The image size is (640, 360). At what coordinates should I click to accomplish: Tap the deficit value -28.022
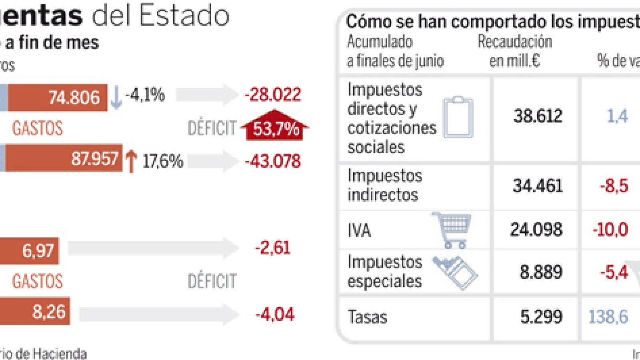click(x=272, y=95)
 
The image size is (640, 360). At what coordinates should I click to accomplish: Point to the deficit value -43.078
click(x=272, y=161)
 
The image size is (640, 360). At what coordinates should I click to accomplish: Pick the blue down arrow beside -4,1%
click(x=116, y=97)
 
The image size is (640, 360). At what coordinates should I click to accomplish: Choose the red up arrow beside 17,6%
click(x=131, y=161)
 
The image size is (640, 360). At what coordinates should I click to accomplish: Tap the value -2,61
click(x=272, y=248)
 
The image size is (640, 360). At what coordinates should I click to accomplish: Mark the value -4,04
click(x=275, y=314)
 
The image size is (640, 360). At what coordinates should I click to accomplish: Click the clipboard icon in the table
click(x=458, y=117)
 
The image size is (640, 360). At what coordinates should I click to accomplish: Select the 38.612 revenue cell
click(x=538, y=116)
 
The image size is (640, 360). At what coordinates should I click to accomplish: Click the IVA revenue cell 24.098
click(x=536, y=230)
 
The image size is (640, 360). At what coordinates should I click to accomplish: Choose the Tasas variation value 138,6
click(x=608, y=317)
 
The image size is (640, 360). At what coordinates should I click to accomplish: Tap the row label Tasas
click(x=367, y=317)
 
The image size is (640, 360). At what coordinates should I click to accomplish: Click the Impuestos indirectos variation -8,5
click(x=614, y=186)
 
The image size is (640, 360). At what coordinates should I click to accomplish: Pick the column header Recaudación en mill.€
click(x=514, y=51)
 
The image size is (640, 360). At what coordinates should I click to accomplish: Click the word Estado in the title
click(x=184, y=16)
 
